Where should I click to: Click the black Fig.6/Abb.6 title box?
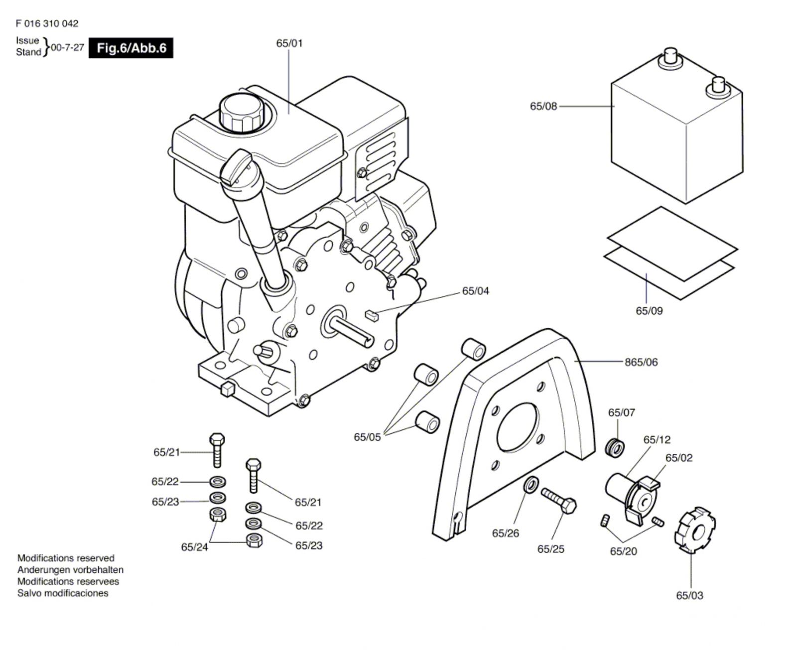point(131,48)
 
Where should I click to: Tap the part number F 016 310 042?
point(47,23)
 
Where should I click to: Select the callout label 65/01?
point(289,43)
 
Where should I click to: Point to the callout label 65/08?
point(543,106)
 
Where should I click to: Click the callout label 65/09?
point(649,311)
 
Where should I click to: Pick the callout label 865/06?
point(641,362)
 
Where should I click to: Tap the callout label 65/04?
point(476,291)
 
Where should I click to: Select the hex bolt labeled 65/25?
point(559,501)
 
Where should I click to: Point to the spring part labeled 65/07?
point(616,446)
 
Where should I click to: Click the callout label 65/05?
point(367,437)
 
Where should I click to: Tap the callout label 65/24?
point(194,547)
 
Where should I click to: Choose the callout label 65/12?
point(657,440)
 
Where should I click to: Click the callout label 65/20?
point(623,551)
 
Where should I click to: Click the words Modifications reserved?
point(66,558)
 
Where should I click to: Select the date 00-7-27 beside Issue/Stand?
point(67,48)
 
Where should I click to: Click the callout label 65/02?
point(679,458)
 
